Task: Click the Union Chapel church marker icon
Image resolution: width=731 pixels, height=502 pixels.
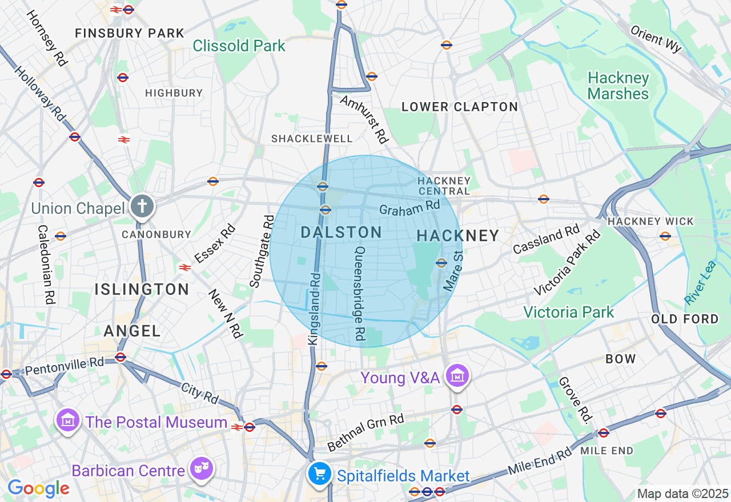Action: pos(142,206)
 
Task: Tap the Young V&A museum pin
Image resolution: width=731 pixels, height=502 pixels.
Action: pos(457,376)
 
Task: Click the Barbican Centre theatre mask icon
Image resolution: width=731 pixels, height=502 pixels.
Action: pos(202,468)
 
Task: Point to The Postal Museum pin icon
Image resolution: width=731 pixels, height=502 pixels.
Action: pos(68,420)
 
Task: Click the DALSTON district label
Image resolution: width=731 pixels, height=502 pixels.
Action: pos(341,232)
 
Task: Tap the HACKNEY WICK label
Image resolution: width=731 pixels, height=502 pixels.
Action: pos(650,221)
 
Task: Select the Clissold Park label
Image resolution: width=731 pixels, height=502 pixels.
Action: pos(239,46)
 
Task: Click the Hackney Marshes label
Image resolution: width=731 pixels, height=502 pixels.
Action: pos(618,86)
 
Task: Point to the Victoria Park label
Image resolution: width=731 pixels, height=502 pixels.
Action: pos(569,312)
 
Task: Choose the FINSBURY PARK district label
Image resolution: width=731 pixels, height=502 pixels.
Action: pos(130,33)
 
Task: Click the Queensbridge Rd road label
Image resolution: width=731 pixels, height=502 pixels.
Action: pos(359,291)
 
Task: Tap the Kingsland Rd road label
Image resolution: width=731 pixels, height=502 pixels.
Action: pos(315,308)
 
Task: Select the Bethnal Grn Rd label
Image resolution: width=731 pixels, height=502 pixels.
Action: pos(365,432)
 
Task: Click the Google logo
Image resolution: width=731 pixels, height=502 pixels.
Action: pos(38,488)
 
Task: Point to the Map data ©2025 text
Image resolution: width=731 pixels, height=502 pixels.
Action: pos(682,493)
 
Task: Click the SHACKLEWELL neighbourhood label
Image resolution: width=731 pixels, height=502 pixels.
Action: pos(312,139)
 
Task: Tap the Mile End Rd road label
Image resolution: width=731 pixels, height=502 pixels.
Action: pos(540,461)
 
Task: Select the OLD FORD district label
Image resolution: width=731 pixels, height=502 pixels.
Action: pos(685,319)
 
